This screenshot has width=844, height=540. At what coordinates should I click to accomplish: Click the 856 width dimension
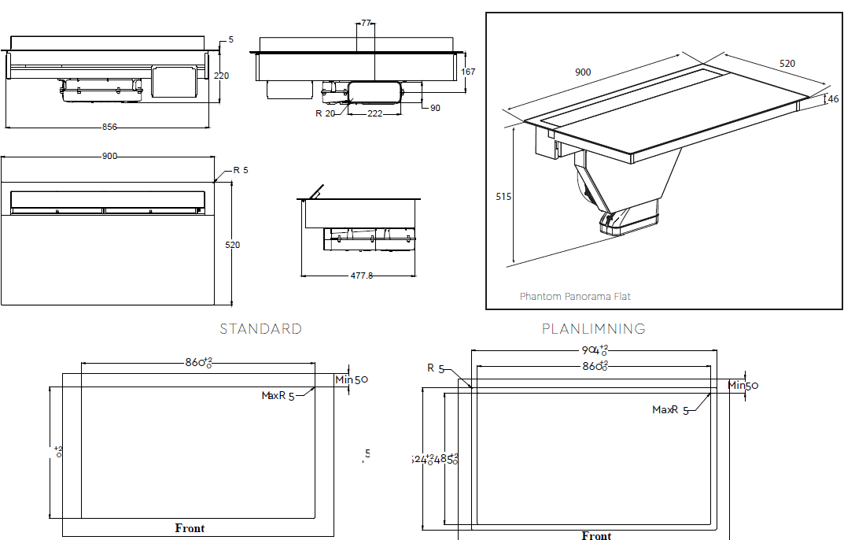[110, 127]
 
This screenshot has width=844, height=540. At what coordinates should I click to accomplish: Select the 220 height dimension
[223, 76]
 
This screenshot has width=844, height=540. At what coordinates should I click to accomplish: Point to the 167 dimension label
[468, 72]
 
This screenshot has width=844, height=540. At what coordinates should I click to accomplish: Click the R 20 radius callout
[326, 113]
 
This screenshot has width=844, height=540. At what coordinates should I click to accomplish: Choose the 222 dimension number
[374, 114]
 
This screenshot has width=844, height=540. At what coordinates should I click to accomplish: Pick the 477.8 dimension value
[359, 276]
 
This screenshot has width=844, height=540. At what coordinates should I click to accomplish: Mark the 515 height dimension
[503, 196]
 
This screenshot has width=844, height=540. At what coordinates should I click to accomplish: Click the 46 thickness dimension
[833, 99]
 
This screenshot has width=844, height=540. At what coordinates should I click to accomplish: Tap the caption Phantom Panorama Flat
[575, 297]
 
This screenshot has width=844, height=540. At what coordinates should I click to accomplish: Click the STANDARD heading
[260, 329]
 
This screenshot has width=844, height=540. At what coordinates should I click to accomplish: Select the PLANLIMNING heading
[594, 329]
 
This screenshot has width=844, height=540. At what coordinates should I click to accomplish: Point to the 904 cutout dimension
[595, 350]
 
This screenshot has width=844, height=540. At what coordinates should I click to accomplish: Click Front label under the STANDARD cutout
[190, 528]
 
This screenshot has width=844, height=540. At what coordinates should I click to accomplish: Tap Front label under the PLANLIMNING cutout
[596, 536]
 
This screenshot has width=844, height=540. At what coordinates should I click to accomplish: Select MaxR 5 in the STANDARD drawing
[278, 396]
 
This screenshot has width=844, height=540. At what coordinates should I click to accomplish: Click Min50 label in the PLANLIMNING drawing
[743, 385]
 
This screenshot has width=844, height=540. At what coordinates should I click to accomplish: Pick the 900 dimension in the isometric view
[583, 72]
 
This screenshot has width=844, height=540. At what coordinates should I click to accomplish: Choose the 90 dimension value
[435, 108]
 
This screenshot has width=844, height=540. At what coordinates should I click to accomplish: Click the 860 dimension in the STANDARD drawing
[199, 363]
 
